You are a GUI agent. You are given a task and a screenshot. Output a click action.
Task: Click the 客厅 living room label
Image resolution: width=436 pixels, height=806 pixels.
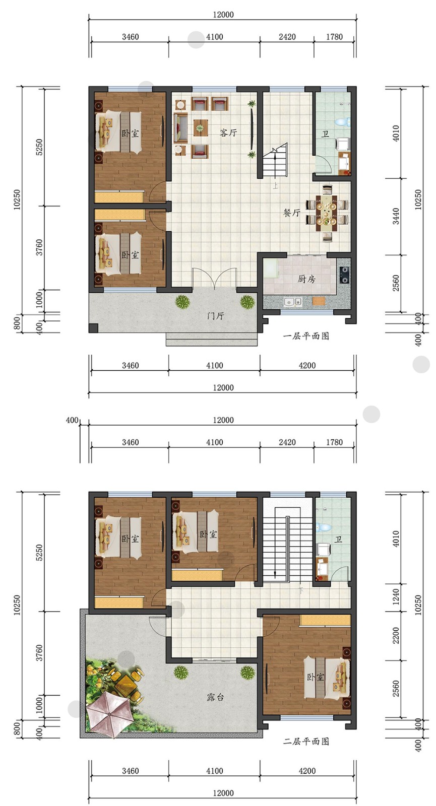tap(228, 133)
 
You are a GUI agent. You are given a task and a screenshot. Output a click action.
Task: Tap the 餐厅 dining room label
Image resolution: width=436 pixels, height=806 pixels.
tap(292, 213)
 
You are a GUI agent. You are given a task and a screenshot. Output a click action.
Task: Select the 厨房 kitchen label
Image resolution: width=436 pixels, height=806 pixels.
tap(307, 279)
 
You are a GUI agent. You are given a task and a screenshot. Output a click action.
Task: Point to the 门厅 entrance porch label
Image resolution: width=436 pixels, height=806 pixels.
tap(215, 316)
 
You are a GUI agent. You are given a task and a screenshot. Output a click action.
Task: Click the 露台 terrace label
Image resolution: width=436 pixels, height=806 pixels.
tap(215, 697)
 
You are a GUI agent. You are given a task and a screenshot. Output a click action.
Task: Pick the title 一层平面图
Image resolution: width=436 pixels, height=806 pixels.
tap(306, 336)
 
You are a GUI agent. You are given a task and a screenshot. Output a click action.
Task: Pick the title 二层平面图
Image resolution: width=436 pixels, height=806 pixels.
tap(306, 741)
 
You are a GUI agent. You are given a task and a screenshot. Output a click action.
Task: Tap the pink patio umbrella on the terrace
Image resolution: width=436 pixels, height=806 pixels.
tap(108, 710)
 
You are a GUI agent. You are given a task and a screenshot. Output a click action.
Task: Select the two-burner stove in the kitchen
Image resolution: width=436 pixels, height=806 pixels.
tap(344, 275)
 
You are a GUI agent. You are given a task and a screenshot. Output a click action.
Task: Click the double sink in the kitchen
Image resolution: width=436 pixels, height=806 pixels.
tap(292, 302)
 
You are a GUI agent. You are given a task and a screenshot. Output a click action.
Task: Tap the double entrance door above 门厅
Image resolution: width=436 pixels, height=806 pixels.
tap(214, 278)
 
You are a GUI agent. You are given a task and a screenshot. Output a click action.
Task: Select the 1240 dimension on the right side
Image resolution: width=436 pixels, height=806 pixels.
tap(396, 596)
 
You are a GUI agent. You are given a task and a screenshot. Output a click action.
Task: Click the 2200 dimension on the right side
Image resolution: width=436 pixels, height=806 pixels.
tap(396, 635)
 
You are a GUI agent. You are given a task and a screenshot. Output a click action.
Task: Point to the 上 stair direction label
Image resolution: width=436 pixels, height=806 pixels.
tap(275, 186)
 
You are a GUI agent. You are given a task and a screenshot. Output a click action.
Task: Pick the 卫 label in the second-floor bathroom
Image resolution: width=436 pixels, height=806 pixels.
tap(338, 540)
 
